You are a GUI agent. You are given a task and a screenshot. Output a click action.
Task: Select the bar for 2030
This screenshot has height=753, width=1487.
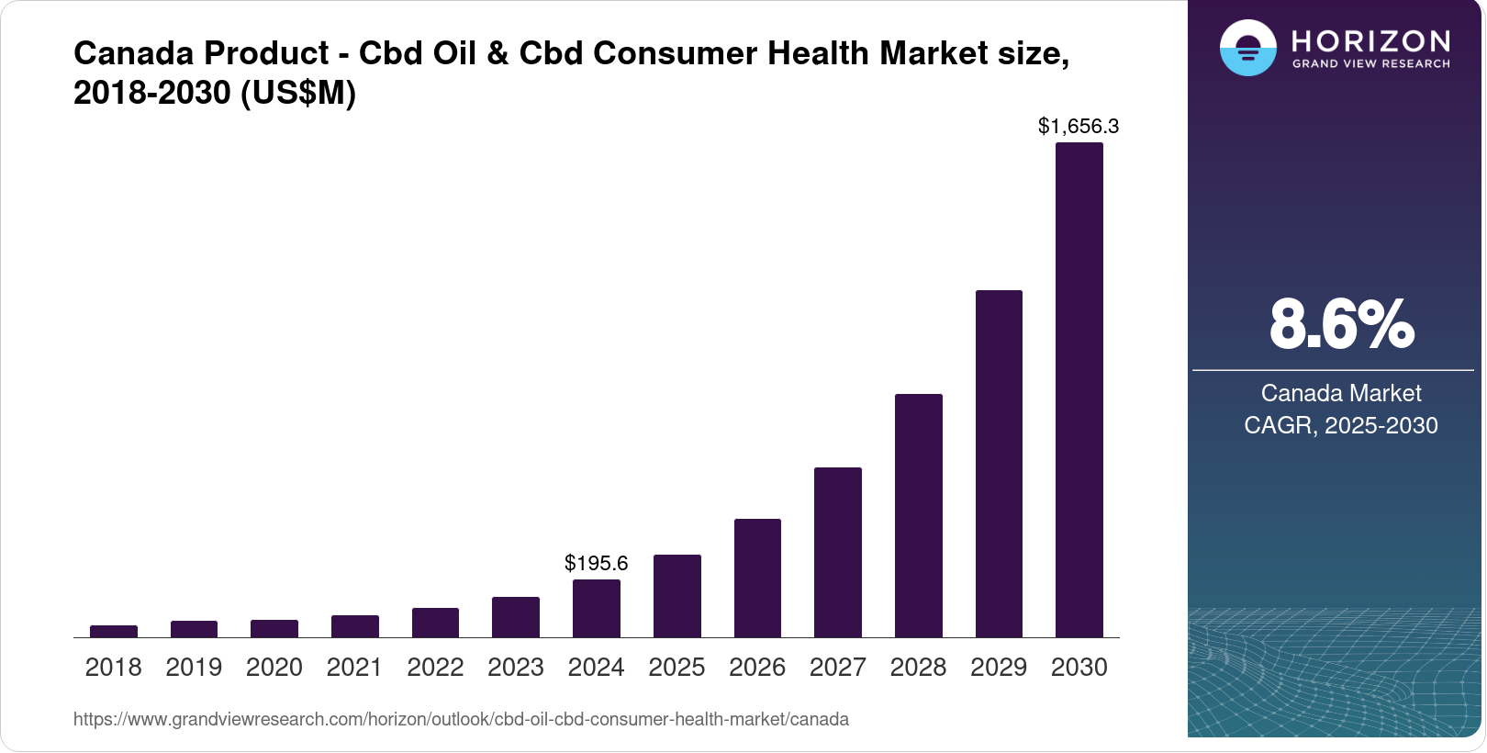point(1079,390)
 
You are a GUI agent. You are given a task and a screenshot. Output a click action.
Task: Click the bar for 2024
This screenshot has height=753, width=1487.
point(596,609)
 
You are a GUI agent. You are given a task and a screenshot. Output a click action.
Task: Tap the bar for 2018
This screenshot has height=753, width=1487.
point(114,631)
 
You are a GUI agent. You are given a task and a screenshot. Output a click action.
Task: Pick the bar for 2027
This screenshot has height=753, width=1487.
point(837,552)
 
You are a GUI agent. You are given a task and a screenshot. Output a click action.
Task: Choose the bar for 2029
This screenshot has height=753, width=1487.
point(999,464)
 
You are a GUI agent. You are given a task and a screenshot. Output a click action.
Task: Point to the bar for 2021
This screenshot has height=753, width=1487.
point(354,626)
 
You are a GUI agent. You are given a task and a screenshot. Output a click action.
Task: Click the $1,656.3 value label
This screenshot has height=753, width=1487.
point(1078,127)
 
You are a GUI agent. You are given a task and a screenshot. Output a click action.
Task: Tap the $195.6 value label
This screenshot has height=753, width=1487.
point(596,563)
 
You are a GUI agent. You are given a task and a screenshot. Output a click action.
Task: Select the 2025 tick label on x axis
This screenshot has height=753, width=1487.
point(676,668)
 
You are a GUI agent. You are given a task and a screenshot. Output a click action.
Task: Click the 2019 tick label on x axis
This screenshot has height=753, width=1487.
point(194,668)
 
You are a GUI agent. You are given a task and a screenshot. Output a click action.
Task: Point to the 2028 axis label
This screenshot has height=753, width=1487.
point(918,668)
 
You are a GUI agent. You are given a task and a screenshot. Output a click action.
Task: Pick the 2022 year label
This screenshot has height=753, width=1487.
point(435,668)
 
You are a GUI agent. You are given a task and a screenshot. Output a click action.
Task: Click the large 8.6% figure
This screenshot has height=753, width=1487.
point(1341,324)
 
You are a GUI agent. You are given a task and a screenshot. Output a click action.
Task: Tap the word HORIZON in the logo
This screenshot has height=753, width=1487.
point(1370,41)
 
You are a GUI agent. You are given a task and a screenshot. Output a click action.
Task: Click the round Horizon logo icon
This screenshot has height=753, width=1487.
point(1247,48)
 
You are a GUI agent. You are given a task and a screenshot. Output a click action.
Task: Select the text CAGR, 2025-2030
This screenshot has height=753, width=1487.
point(1340,425)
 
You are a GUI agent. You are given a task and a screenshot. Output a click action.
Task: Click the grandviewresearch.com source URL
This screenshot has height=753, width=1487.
point(461,719)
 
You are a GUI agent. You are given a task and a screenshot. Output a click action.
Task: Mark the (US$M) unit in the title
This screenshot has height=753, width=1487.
point(298,93)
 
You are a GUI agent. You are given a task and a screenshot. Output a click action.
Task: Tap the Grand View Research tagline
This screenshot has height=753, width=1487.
point(1370,64)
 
